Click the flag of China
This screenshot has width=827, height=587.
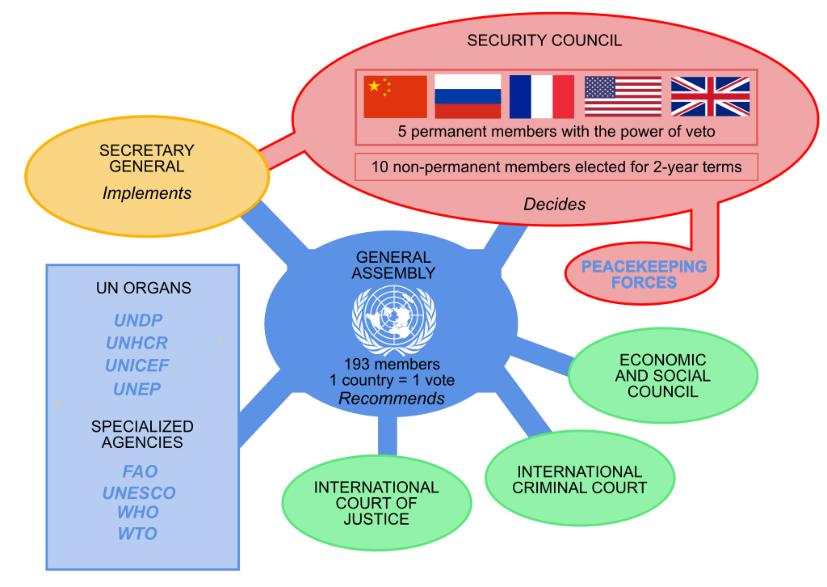(x=395, y=97)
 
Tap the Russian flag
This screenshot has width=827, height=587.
(x=468, y=97)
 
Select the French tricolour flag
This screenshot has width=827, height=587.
(x=541, y=97)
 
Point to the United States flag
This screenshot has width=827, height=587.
(x=623, y=97)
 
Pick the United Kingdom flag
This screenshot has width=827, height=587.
(x=710, y=97)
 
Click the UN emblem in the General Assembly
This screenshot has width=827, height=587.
(x=393, y=320)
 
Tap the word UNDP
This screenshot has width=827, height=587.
(x=138, y=320)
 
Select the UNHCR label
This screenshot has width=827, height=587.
(x=137, y=343)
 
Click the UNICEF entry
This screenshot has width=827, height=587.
(x=137, y=365)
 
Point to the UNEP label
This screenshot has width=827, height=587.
(x=137, y=389)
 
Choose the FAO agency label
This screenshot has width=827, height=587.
(x=140, y=471)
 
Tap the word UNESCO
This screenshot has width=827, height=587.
(x=139, y=492)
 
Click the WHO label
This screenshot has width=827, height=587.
(x=138, y=513)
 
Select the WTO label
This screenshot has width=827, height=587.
(x=137, y=534)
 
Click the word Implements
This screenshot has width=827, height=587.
(x=147, y=193)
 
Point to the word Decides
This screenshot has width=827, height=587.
(x=554, y=205)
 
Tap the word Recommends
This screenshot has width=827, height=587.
(x=392, y=399)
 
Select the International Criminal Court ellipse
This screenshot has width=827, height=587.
(x=579, y=479)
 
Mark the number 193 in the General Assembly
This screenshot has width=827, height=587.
(x=357, y=365)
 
